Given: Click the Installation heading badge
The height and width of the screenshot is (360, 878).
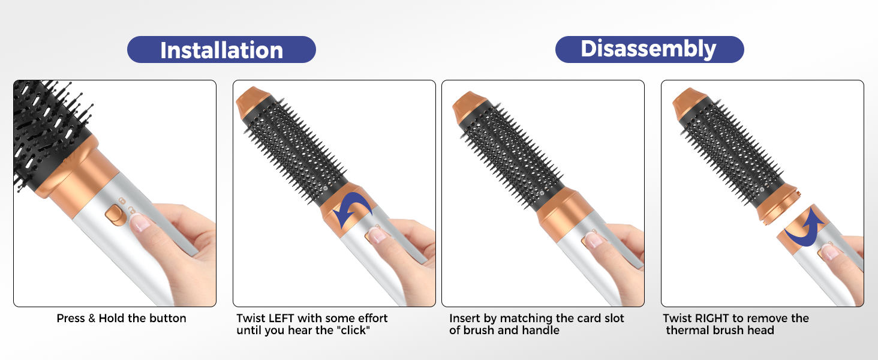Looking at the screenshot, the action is (x=221, y=49).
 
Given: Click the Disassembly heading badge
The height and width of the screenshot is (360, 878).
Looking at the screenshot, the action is (x=650, y=49).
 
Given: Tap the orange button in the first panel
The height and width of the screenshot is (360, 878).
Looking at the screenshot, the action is (x=115, y=215).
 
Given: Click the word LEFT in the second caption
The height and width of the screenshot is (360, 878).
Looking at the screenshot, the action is (x=282, y=318).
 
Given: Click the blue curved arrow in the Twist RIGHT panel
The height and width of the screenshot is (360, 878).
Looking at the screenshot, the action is (x=804, y=228).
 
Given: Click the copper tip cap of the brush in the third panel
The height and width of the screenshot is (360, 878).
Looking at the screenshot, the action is (x=468, y=106).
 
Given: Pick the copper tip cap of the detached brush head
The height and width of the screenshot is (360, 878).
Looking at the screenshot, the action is (x=688, y=102).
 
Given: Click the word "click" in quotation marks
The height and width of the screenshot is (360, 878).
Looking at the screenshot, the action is (x=354, y=330).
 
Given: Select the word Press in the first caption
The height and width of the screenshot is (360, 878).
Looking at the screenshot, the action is (x=71, y=318).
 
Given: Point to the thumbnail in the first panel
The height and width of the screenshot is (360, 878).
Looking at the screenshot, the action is (x=140, y=223).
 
